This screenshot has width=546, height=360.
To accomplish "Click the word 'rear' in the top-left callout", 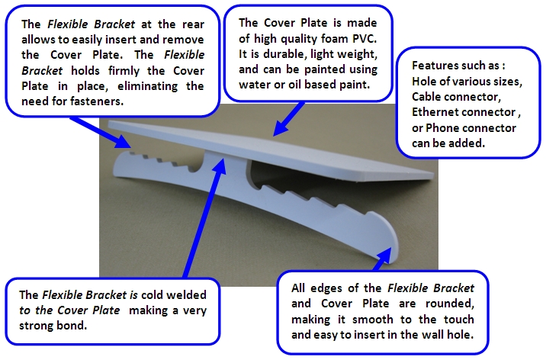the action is (x=193, y=24).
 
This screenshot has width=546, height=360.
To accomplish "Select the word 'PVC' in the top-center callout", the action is (x=365, y=39).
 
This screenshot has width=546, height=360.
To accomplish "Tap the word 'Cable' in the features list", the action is (x=423, y=96).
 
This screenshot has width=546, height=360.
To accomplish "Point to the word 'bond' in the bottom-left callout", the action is (x=75, y=326).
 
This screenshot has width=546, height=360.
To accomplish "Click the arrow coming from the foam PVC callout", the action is (x=288, y=118).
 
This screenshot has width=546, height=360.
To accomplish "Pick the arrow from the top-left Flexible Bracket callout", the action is (x=101, y=133).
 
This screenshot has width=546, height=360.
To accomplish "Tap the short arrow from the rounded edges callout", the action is (x=382, y=259).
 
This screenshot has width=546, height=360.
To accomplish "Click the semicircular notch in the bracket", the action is (x=196, y=166).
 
